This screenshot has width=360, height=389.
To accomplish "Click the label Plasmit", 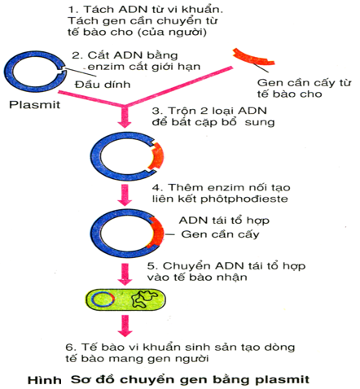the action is pyautogui.click(x=34, y=105).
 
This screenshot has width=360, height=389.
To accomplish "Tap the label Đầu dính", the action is pyautogui.click(x=103, y=85).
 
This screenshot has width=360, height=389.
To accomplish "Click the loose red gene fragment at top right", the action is pyautogui.click(x=253, y=58).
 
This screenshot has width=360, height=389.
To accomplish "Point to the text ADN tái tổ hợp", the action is pyautogui.click(x=224, y=221).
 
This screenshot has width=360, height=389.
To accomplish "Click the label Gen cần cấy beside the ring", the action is pyautogui.click(x=220, y=234).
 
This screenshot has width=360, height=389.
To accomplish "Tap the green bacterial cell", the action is pyautogui.click(x=125, y=299).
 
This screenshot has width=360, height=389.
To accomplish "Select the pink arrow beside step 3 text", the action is pyautogui.click(x=125, y=116).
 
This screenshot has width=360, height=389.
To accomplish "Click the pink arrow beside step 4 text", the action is pyautogui.click(x=125, y=194).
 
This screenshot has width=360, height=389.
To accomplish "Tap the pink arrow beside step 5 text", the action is pyautogui.click(x=125, y=274).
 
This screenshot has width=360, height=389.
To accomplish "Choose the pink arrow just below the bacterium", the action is pyautogui.click(x=125, y=326).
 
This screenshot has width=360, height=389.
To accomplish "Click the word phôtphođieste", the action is pyautogui.click(x=244, y=199).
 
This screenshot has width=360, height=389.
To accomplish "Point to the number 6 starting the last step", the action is pyautogui.click(x=69, y=347).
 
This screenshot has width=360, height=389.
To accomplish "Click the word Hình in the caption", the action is pyautogui.click(x=45, y=380).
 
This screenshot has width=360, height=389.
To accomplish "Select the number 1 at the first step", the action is pyautogui.click(x=71, y=10).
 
